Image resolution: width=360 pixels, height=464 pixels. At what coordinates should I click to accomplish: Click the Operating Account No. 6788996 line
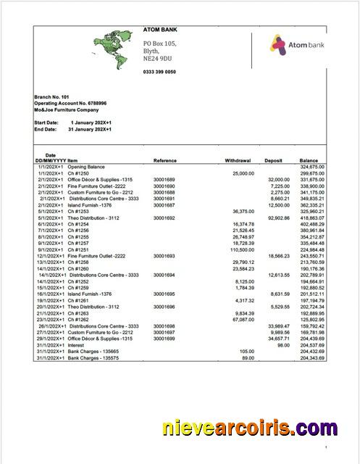point(70,104)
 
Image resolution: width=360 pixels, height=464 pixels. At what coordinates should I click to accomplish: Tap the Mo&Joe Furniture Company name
point(66,109)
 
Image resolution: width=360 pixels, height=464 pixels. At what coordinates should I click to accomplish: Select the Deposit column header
point(273,159)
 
